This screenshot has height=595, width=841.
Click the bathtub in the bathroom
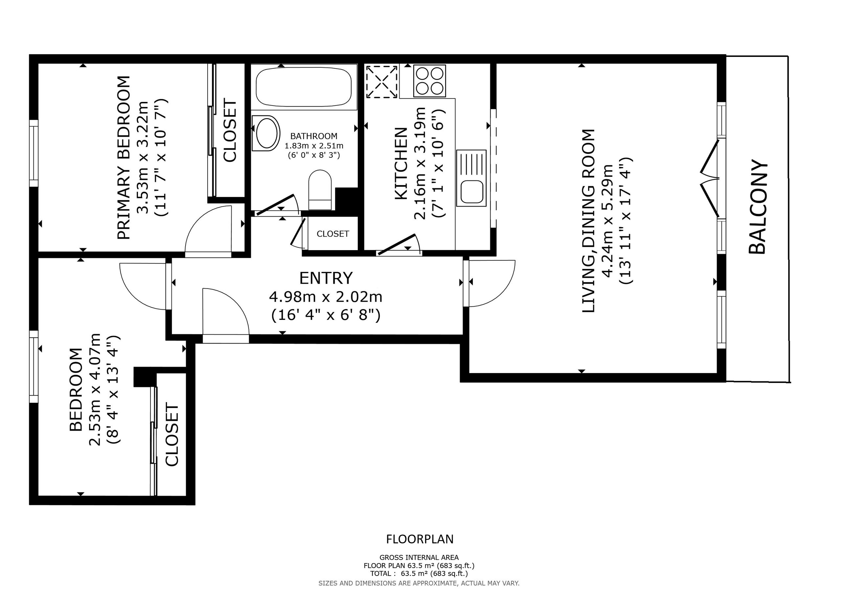[303, 87]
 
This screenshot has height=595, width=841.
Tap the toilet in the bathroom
[320, 190]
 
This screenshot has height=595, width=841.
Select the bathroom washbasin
[266, 133]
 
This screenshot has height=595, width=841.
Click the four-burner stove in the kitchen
[429, 81]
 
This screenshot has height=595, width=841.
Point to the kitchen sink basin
[471, 191]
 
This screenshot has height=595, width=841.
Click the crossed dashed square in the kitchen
[382, 82]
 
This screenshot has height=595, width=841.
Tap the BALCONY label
[758, 207]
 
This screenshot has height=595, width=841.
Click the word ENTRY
[326, 278]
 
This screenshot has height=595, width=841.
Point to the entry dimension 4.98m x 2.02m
[326, 297]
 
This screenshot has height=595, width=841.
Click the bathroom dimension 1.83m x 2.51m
[314, 146]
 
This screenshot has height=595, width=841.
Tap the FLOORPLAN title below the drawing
[420, 539]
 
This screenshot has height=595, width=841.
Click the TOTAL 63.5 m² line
[419, 573]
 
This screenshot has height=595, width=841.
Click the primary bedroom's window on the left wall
[34, 153]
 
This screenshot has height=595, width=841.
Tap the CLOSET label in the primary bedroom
[230, 130]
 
